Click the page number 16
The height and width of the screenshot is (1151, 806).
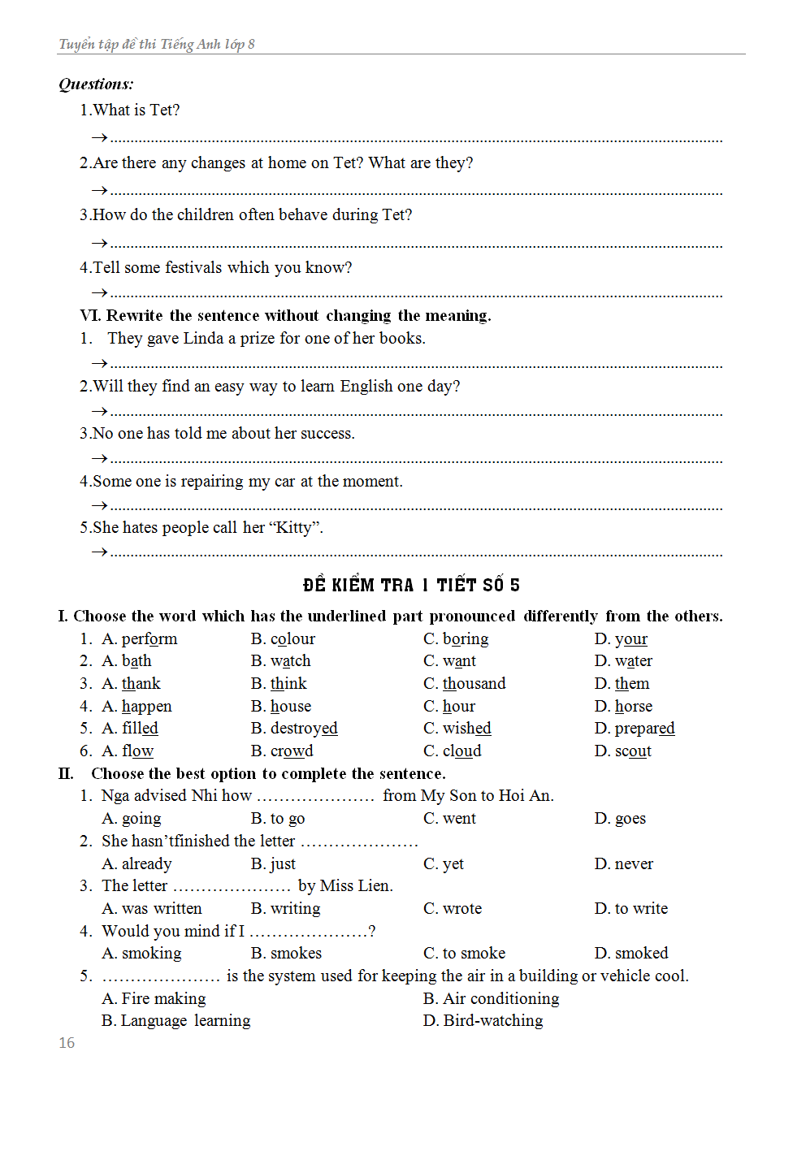pos(67,1042)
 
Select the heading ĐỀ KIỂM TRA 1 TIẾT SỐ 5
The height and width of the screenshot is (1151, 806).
pos(411,585)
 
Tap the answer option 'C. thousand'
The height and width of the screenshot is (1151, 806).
pos(465,683)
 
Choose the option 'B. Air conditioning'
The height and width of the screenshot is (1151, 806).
pos(492,998)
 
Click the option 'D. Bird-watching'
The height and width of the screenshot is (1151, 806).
pos(483,1020)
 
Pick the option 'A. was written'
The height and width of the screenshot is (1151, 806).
pos(152,908)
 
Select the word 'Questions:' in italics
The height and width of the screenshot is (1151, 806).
pos(96,84)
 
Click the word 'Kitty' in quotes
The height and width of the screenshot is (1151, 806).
pos(293,527)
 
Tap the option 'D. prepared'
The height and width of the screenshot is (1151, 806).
pos(635,728)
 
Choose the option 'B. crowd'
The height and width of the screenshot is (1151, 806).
pos(282,751)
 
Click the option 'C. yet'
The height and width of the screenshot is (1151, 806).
pos(444,863)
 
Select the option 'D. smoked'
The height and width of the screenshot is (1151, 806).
pos(631,953)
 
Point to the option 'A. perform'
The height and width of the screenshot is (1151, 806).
pos(140,638)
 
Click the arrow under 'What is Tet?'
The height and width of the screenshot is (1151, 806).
pos(99,137)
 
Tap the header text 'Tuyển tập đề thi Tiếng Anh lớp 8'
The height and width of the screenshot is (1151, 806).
pos(157,44)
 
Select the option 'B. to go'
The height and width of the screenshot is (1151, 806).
pos(278,818)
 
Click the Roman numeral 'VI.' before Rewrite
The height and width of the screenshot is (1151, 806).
pos(90,315)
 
